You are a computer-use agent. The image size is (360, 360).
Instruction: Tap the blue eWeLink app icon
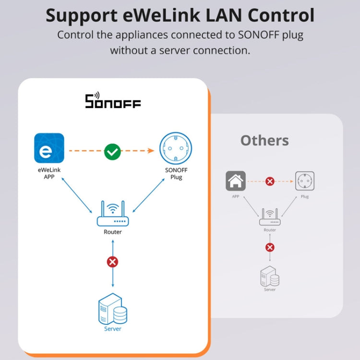(49, 148)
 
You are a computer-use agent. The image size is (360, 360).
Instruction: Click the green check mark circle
(112, 152)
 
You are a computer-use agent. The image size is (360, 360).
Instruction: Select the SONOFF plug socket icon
(175, 148)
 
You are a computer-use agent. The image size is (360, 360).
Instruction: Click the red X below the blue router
(113, 262)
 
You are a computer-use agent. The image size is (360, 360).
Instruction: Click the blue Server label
(113, 329)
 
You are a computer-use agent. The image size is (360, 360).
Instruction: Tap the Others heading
(264, 140)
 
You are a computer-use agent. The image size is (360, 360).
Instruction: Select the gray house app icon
(236, 181)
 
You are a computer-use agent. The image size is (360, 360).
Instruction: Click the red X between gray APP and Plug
(270, 181)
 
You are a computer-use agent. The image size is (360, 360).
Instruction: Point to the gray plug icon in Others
(305, 181)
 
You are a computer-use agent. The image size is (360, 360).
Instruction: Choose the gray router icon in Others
(270, 217)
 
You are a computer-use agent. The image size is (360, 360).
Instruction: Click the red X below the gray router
(270, 247)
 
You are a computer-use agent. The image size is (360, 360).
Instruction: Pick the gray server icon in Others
(270, 276)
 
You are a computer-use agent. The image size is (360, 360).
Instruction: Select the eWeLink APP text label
(49, 173)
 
